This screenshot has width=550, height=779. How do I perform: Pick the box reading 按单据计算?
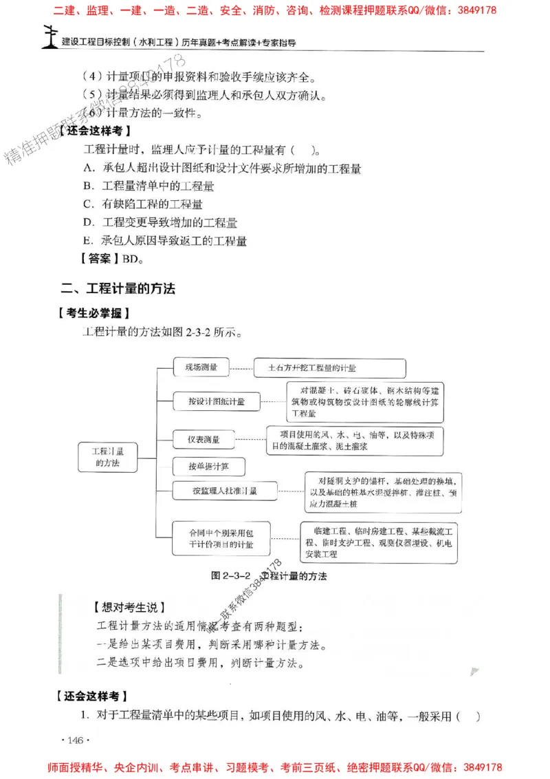click(x=209, y=466)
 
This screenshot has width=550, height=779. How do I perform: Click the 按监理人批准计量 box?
click(x=225, y=491)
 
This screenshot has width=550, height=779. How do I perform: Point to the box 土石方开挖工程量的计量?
click(x=316, y=368)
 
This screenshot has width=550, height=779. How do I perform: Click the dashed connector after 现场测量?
click(x=241, y=368)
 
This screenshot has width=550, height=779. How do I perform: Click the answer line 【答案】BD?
click(x=112, y=259)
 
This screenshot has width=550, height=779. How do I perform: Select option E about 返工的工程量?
click(x=165, y=241)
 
